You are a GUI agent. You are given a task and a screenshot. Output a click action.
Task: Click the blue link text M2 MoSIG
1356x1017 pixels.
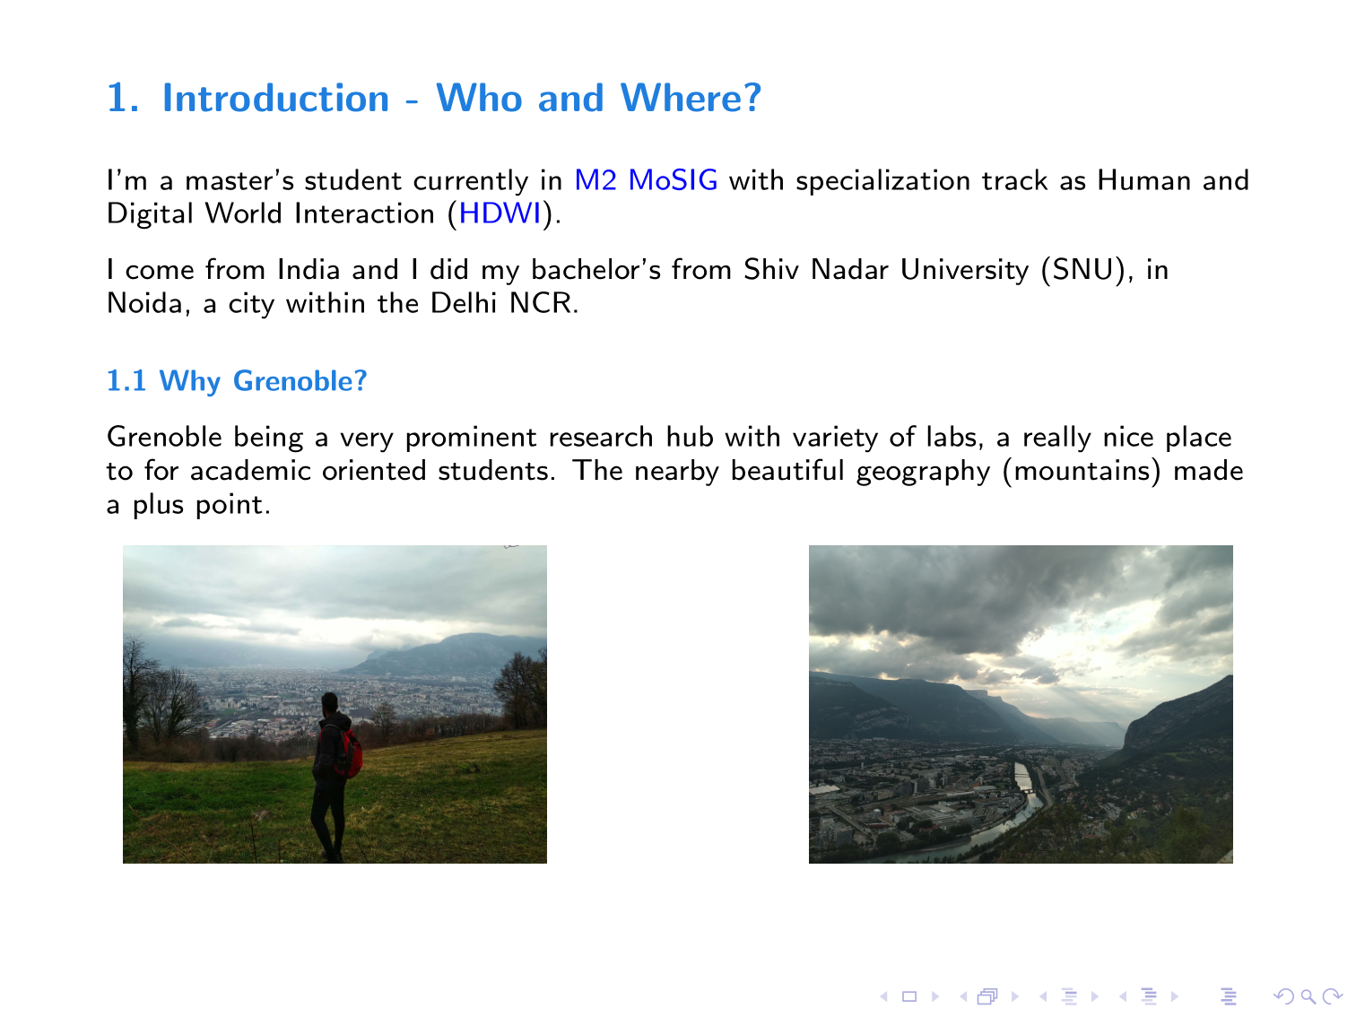point(646,180)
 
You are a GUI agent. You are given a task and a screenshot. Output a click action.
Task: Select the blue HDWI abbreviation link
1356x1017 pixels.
point(500,213)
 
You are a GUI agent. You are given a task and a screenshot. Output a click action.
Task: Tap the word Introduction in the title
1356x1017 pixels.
point(275,98)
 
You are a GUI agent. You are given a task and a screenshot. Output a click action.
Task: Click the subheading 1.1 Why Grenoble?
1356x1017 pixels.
point(237,381)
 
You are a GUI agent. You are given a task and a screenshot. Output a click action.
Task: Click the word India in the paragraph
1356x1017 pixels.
point(309,270)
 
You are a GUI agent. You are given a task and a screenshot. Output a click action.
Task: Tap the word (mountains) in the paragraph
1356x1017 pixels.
point(1081,471)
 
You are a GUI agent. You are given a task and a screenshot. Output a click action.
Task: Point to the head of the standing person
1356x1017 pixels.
point(330,703)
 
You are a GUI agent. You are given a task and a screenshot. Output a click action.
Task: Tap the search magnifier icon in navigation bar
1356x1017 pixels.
point(1308,996)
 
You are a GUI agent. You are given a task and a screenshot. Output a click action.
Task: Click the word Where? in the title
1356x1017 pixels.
point(691,98)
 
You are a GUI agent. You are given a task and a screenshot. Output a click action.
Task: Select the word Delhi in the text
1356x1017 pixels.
point(464,304)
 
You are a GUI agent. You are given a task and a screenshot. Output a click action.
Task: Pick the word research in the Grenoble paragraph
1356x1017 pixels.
point(601,437)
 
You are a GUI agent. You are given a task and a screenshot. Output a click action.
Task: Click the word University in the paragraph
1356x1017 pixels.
point(964,270)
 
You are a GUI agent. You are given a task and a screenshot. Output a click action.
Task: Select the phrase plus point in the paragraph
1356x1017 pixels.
point(202,505)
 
